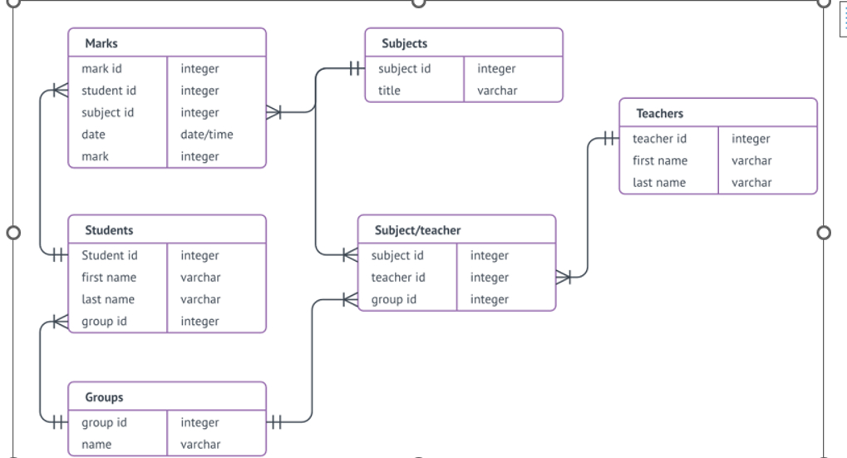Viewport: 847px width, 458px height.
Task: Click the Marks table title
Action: pyautogui.click(x=101, y=43)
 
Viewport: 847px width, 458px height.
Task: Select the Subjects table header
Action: pyautogui.click(x=405, y=43)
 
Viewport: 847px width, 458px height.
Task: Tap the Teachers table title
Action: pyautogui.click(x=660, y=113)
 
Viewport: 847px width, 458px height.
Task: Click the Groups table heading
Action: pyautogui.click(x=104, y=397)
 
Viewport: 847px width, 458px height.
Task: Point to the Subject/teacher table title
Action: pyautogui.click(x=417, y=230)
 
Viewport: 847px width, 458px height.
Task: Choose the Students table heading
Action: pyautogui.click(x=109, y=230)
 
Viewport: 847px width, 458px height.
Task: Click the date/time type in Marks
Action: pyautogui.click(x=207, y=135)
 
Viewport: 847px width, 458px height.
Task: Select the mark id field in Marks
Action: pyautogui.click(x=101, y=69)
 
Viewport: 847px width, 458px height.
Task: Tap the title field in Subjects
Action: pyautogui.click(x=389, y=91)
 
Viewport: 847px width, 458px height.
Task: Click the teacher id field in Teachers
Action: pyautogui.click(x=659, y=139)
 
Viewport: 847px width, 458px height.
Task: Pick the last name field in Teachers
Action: pyautogui.click(x=659, y=183)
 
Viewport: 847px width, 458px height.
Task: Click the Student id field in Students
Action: pyautogui.click(x=110, y=256)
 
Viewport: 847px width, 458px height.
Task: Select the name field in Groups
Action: pyautogui.click(x=96, y=445)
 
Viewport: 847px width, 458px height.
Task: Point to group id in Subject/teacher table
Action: pyautogui.click(x=394, y=299)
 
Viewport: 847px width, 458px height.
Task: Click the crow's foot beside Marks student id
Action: pyautogui.click(x=59, y=91)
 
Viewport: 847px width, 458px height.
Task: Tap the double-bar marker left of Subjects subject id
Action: pyautogui.click(x=355, y=69)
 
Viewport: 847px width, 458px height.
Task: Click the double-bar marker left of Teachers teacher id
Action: pyautogui.click(x=609, y=139)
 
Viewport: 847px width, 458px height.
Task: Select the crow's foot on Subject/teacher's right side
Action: pyautogui.click(x=564, y=278)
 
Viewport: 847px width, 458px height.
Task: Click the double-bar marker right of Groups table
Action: pyautogui.click(x=276, y=422)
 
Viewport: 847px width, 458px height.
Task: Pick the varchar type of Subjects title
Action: pyautogui.click(x=497, y=91)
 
